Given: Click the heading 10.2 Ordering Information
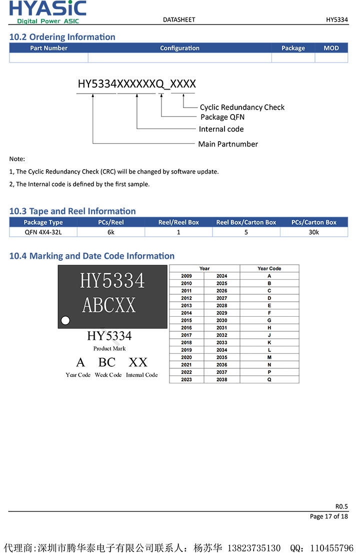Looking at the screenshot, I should click(62, 37).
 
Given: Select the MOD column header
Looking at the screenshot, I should click(331, 48).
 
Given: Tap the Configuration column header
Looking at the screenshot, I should click(179, 48).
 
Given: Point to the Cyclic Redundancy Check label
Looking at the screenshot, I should click(242, 107).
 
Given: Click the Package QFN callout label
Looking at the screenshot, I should click(222, 117).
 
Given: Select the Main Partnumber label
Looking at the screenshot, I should click(228, 144).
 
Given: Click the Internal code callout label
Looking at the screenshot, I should click(221, 129).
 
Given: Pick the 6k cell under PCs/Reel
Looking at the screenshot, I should click(111, 232).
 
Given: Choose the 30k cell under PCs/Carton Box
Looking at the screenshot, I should click(313, 232).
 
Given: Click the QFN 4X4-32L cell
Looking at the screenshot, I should click(43, 232).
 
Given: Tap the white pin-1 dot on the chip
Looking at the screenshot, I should click(64, 320).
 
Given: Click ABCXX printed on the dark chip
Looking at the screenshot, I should click(109, 305).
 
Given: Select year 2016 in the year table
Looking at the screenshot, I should click(186, 328).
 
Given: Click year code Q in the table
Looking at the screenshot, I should click(269, 380).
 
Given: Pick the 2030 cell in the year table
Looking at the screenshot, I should click(222, 320).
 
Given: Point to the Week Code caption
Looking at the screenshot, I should click(108, 375).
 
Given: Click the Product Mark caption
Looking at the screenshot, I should click(109, 348).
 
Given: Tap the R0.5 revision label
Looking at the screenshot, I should click(341, 506).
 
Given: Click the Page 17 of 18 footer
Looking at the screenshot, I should click(328, 516).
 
